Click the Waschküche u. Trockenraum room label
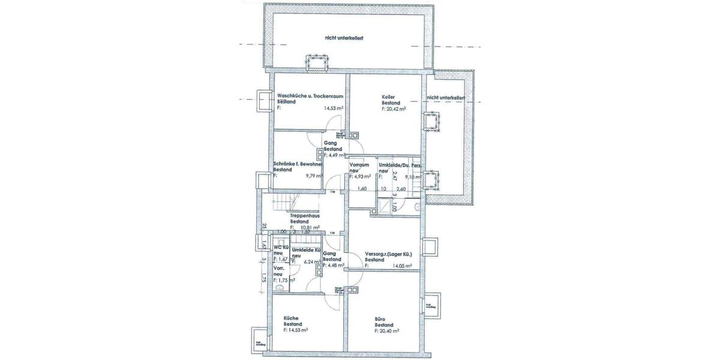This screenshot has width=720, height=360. pos(310,95)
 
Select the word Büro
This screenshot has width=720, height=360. pos(379,319)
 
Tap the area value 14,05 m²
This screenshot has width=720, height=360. pos(402,266)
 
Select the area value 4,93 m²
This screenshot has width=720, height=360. pos(362,176)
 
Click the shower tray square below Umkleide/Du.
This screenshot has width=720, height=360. pos(382,207)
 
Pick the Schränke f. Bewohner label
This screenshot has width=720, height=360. pos(298,164)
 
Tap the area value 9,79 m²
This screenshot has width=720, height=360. pos(314,176)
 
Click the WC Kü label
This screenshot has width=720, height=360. pos(281,247)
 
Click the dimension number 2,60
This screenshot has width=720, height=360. pos(401,189)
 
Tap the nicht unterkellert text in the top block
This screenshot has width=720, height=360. pos(344,38)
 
